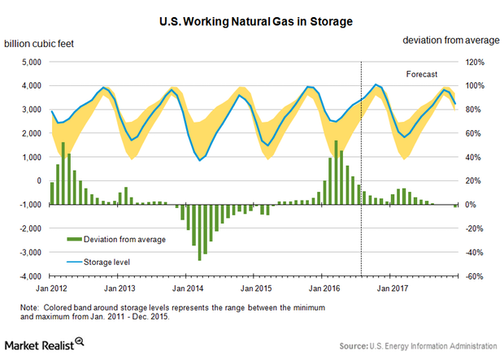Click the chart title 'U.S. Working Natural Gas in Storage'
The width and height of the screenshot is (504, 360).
point(252,15)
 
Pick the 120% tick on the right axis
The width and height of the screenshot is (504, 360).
point(474,63)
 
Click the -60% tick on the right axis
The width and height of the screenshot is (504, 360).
point(474,276)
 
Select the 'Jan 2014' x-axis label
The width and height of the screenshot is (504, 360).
point(189,288)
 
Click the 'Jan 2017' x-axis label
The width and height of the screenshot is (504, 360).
point(393,288)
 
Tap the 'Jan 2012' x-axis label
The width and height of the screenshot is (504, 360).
point(52,288)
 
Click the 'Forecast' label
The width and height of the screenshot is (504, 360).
point(422,74)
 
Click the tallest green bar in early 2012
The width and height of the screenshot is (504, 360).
point(63,174)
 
